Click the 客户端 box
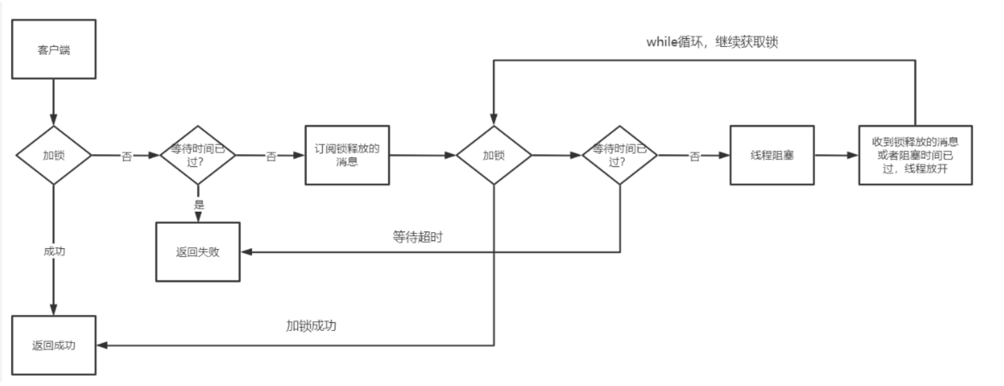[x=54, y=49]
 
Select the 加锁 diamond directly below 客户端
[x=54, y=155]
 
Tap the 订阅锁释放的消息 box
[x=347, y=155]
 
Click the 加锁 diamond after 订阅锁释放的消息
[x=493, y=155]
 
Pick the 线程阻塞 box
[x=772, y=155]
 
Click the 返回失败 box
[x=198, y=252]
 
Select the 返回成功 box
[x=54, y=345]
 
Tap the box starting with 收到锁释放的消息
[x=915, y=155]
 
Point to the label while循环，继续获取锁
[x=712, y=42]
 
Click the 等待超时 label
[x=417, y=237]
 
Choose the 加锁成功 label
[x=311, y=325]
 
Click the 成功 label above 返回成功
[x=54, y=251]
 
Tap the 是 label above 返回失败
[x=199, y=205]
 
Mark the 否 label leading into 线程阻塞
[x=694, y=156]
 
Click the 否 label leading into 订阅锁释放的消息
[x=271, y=156]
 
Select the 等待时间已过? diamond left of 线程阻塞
[x=619, y=155]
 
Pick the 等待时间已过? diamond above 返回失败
[x=198, y=155]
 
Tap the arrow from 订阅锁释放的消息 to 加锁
[x=422, y=155]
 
